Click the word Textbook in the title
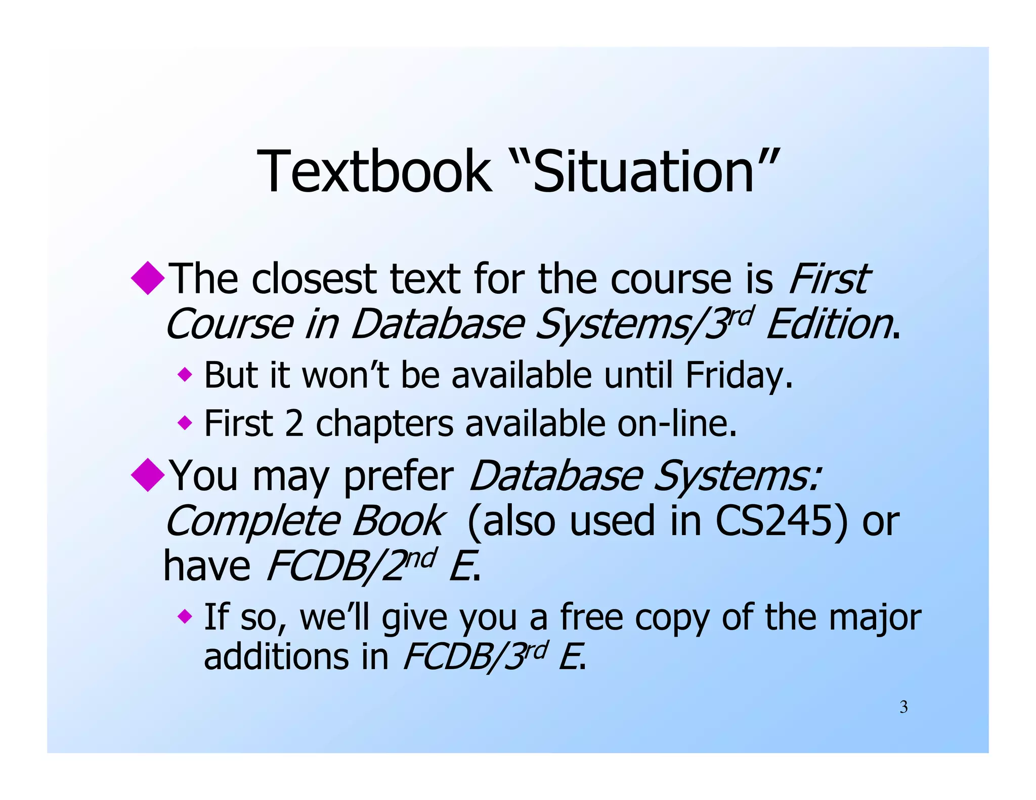click(374, 171)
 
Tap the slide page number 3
click(903, 707)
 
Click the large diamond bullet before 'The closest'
click(148, 278)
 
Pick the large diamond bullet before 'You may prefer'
click(148, 474)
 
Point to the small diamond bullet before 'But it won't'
click(185, 375)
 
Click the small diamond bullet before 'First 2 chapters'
click(185, 422)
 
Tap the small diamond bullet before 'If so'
click(185, 616)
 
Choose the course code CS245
click(781, 521)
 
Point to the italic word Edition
click(830, 325)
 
